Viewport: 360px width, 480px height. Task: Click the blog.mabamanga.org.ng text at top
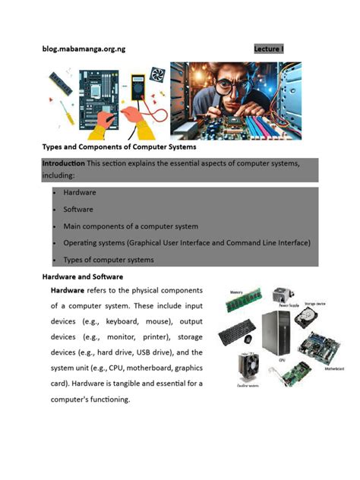tap(84, 49)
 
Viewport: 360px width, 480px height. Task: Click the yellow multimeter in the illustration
tap(138, 84)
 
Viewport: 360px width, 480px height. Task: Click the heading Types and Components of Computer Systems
tap(119, 146)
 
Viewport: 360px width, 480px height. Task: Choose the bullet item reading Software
tap(79, 209)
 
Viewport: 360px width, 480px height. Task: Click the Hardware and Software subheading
tap(82, 277)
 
